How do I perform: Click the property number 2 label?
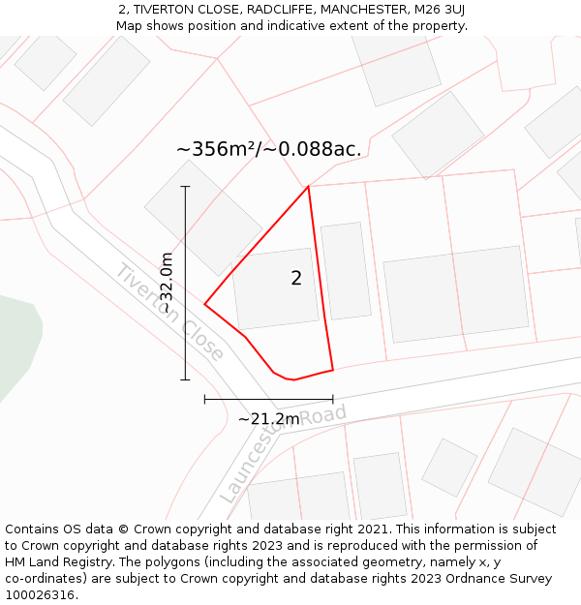tap(296, 279)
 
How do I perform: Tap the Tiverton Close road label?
tap(169, 312)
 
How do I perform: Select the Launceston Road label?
tap(283, 453)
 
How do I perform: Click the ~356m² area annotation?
tap(268, 149)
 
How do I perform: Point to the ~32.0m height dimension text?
tap(166, 283)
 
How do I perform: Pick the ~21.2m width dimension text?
tap(268, 419)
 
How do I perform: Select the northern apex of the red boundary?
tap(308, 186)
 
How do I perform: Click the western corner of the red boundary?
tap(205, 304)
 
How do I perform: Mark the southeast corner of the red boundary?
tap(333, 369)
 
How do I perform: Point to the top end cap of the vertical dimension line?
tap(185, 186)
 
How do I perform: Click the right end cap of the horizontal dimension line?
tap(333, 398)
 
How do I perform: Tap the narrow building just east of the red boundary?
tap(346, 271)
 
